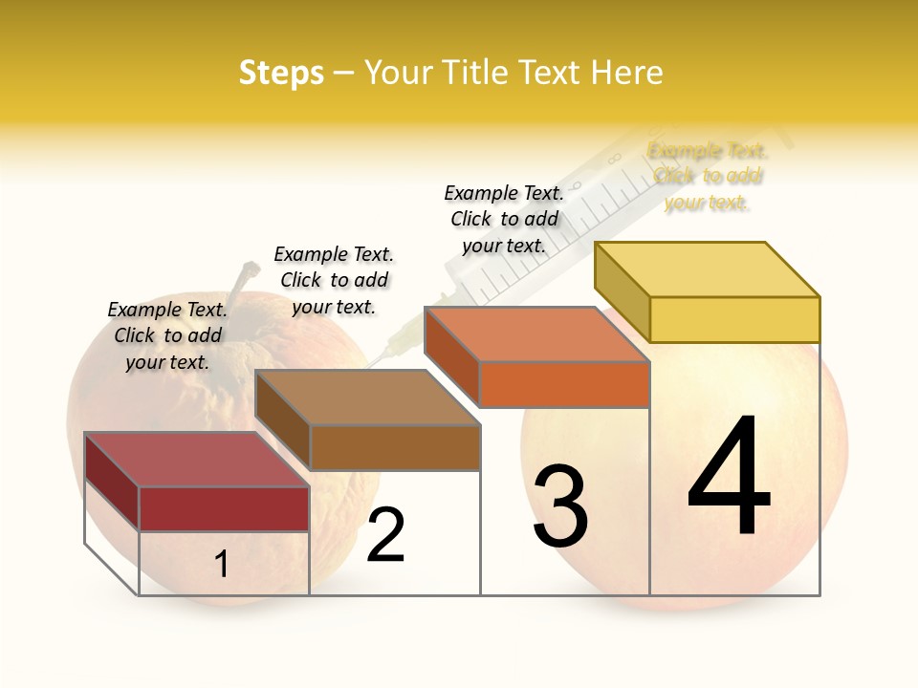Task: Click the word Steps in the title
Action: click(x=281, y=73)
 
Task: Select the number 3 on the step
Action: click(x=560, y=506)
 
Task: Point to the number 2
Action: click(x=386, y=535)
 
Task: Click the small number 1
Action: click(x=222, y=564)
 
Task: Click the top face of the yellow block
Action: click(x=708, y=269)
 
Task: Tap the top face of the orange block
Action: click(x=537, y=334)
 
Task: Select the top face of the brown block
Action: click(x=368, y=398)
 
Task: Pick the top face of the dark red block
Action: click(x=197, y=460)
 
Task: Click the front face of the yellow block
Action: click(x=734, y=319)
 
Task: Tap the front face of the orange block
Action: click(x=564, y=384)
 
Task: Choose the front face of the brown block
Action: click(x=395, y=447)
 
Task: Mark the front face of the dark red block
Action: click(x=224, y=508)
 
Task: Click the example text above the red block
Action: click(x=167, y=335)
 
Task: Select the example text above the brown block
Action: click(x=334, y=280)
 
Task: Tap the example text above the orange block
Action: click(x=504, y=219)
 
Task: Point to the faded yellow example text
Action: click(x=708, y=176)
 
